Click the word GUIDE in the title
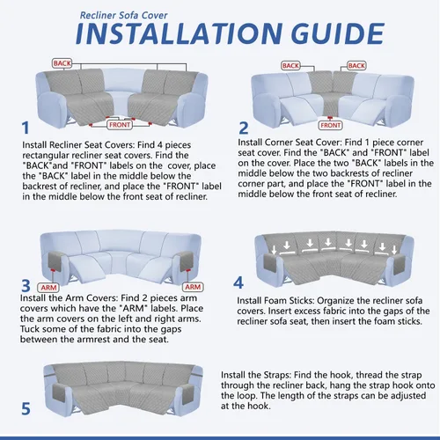point(338,33)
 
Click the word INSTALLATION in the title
point(179,33)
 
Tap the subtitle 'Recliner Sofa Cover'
point(123,15)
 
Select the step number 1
point(26,128)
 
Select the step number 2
point(244,128)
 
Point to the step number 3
point(26,286)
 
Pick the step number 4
point(238,282)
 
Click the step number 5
point(26,408)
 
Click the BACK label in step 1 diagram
point(62,63)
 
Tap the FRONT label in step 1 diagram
point(120,125)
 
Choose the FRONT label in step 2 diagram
point(330,125)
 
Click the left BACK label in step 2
point(290,66)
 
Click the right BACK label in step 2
point(356,66)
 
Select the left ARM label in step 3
point(48,288)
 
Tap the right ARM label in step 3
point(193,287)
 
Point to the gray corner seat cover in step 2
point(331,94)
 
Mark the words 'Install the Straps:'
point(256,375)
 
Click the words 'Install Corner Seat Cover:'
point(290,143)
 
